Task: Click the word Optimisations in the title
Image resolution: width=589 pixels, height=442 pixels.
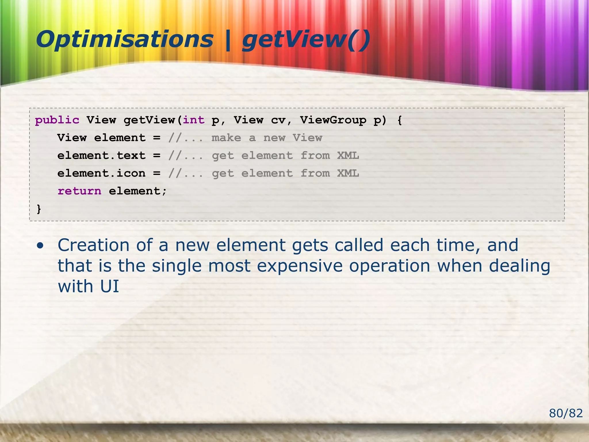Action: tap(124, 40)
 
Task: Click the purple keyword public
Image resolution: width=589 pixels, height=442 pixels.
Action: tap(57, 120)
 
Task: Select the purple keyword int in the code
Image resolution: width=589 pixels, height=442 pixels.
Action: tap(194, 120)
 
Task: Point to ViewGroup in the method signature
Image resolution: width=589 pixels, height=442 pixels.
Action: tap(333, 120)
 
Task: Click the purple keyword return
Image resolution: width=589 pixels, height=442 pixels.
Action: tap(79, 191)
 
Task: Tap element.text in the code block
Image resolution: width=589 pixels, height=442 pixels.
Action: tap(101, 156)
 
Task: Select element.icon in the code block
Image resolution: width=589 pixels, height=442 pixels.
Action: tap(101, 174)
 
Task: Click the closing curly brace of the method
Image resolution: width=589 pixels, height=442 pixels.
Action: tap(39, 209)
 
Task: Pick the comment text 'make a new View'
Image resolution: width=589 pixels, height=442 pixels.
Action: tap(267, 138)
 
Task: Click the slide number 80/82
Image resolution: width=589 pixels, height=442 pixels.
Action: tap(566, 413)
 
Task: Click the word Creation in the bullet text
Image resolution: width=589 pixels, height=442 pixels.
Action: tap(93, 245)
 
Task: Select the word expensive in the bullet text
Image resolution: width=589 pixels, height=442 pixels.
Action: tap(300, 266)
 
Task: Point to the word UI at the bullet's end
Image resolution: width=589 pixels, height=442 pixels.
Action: tap(109, 287)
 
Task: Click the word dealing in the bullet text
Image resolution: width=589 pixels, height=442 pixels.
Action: tap(519, 266)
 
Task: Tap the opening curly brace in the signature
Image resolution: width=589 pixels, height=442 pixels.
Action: tap(399, 120)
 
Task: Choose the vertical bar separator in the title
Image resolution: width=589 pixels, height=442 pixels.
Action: tap(228, 40)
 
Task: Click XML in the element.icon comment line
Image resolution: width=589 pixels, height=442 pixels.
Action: tap(348, 174)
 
